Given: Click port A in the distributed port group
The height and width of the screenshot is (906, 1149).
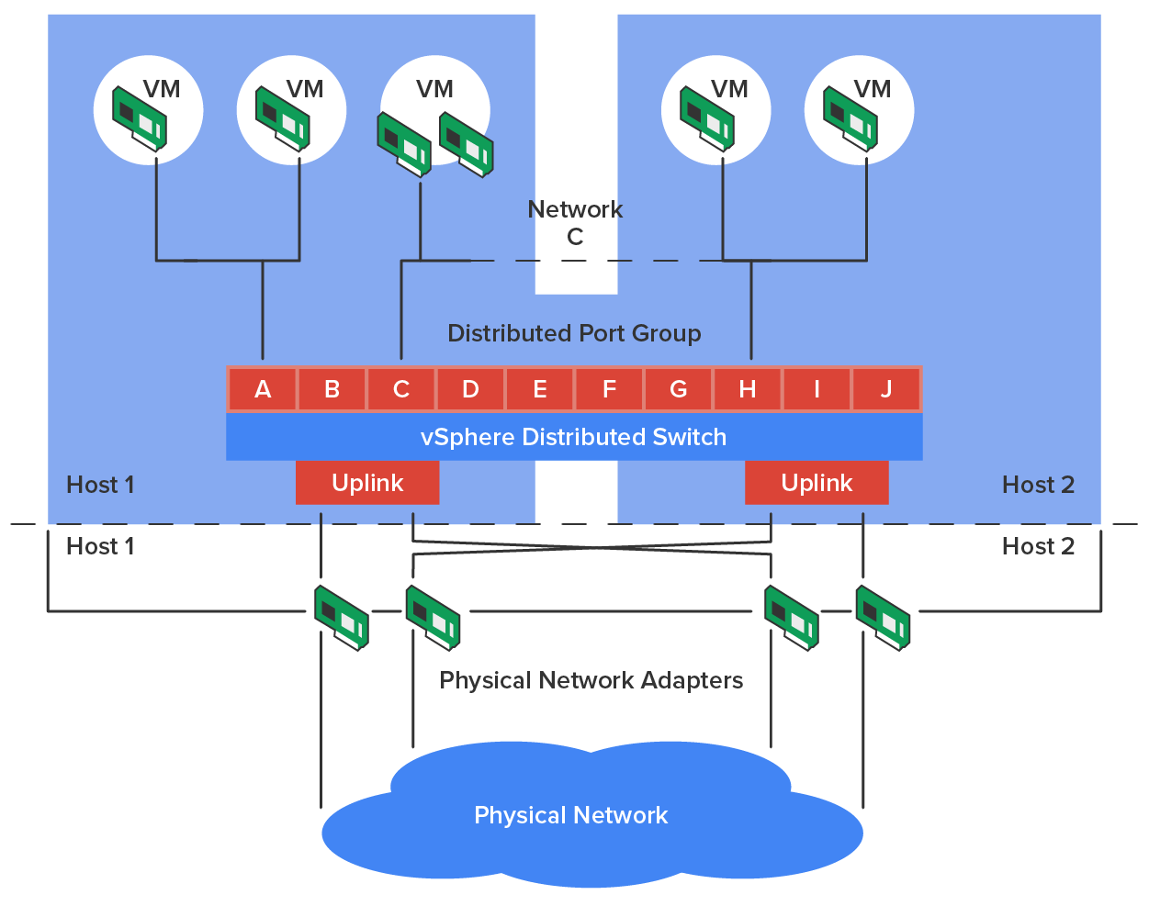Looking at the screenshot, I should click(x=263, y=389).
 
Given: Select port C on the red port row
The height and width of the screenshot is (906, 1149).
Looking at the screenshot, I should click(x=401, y=389).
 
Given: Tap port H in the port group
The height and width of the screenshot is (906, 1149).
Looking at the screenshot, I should click(x=748, y=389).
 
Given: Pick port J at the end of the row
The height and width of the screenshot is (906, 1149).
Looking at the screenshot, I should click(x=886, y=389).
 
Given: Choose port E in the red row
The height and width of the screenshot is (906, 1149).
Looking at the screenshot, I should click(x=540, y=389).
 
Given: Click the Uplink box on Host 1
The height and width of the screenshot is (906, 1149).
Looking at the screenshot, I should click(x=367, y=483).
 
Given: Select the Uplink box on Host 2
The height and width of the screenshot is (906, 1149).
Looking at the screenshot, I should click(x=817, y=483).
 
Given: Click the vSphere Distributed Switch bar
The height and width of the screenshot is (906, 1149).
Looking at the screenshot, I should click(x=574, y=437).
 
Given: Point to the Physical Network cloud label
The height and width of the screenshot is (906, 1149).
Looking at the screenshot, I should click(x=570, y=815).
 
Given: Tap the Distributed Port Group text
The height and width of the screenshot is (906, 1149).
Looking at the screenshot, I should click(x=574, y=333).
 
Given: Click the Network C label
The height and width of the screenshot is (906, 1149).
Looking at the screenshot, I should click(x=575, y=223).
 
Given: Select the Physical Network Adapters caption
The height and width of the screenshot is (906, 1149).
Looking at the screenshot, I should click(x=591, y=680).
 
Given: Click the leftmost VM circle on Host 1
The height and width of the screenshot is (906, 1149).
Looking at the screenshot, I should click(x=148, y=110).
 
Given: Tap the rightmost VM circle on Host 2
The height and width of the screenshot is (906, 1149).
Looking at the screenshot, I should click(x=859, y=110).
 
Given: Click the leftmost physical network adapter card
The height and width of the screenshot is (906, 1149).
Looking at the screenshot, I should click(x=341, y=617).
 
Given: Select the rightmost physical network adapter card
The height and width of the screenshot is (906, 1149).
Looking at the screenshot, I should click(x=882, y=617).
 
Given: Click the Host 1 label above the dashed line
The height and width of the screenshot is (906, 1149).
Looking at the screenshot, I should click(x=101, y=485).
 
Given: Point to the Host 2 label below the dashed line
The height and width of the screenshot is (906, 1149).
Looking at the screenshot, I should click(x=1038, y=546).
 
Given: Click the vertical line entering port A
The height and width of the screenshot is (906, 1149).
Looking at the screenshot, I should click(x=263, y=312).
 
